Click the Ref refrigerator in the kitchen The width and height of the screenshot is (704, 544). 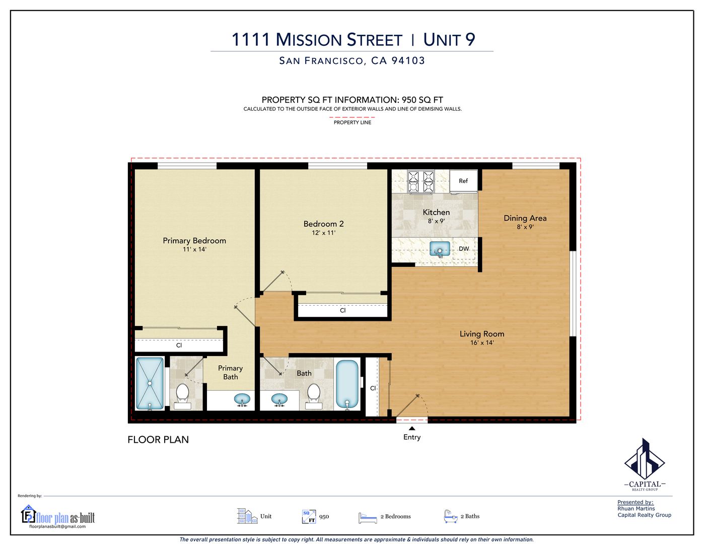tap(463, 181)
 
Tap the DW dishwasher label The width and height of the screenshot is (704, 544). tap(464, 249)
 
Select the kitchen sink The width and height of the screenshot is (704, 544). tap(440, 249)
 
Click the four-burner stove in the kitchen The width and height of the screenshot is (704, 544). tap(421, 182)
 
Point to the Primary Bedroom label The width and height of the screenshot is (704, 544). tap(194, 241)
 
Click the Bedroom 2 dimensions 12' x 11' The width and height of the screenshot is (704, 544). tap(323, 233)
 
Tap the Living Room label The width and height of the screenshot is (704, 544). tap(482, 334)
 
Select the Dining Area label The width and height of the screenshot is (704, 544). tap(525, 219)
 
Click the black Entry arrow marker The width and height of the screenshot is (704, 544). tap(412, 428)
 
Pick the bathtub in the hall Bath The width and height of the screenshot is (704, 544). tap(347, 384)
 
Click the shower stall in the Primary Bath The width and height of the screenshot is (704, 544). tap(150, 383)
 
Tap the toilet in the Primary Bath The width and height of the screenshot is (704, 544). tap(182, 396)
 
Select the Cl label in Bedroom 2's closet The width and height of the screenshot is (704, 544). tap(343, 310)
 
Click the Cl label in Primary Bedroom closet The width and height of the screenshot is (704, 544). tap(179, 346)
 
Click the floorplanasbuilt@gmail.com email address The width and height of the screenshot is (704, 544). tap(57, 526)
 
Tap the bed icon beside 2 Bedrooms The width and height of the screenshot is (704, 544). tap(368, 517)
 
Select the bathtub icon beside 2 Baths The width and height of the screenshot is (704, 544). tap(451, 516)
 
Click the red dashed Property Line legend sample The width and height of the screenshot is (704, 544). tap(352, 117)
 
